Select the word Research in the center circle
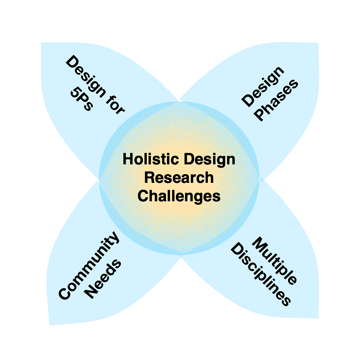[x=179, y=178]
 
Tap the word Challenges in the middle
[x=179, y=197]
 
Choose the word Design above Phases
[x=262, y=86]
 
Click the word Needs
[x=103, y=280]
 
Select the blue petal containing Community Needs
[x=72, y=301]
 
